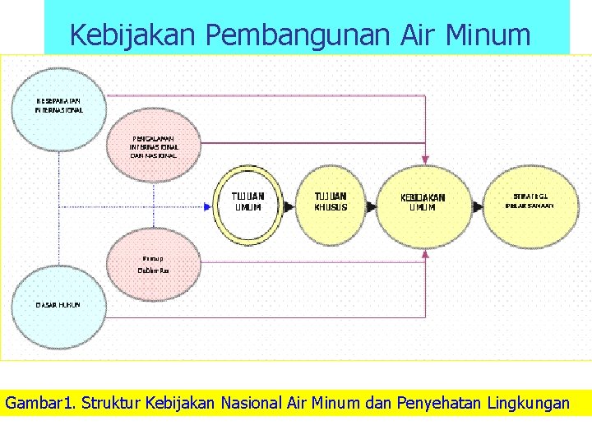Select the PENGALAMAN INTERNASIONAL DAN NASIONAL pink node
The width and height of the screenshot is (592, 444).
[153, 146]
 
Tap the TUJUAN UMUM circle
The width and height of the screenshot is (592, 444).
[247, 202]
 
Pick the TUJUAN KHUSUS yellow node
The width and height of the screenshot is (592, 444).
[331, 202]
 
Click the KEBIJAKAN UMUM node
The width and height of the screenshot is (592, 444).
[423, 202]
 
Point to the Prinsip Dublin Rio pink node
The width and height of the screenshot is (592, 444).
[153, 263]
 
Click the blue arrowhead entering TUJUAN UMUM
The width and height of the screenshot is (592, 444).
[208, 207]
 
